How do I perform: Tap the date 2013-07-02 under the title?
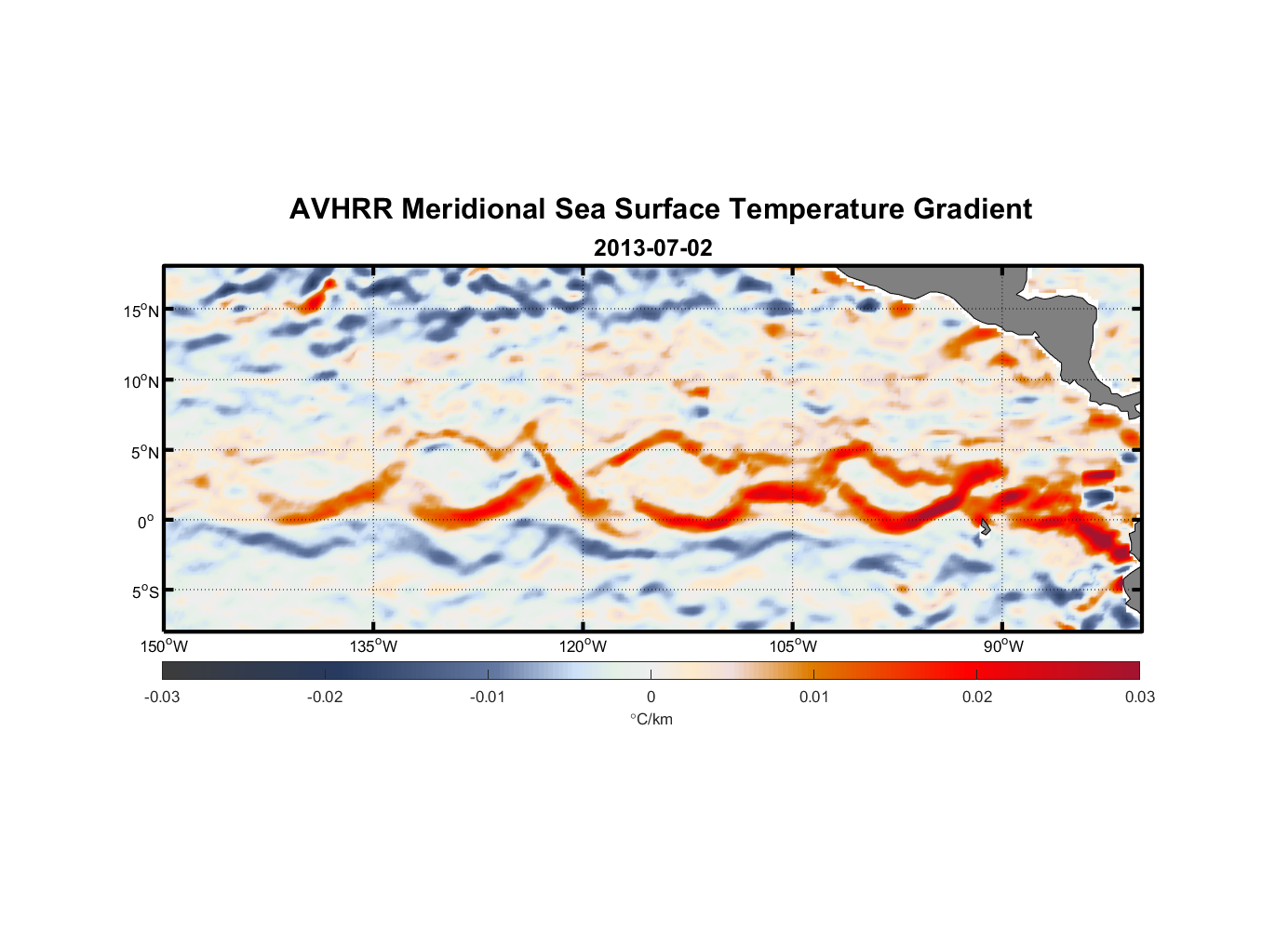coord(652,248)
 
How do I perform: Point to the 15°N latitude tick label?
coord(141,311)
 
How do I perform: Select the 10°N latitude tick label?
coord(141,381)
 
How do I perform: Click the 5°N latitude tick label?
coord(144,452)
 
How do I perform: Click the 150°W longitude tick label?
coord(165,646)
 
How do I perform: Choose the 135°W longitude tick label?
coord(374,646)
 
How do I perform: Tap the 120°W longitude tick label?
coord(584,646)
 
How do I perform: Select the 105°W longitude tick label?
coord(793,646)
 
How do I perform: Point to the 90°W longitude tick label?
coord(1003,646)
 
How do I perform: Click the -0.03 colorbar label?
coord(162,697)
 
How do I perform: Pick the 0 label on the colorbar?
coord(651,697)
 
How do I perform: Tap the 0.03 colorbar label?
coord(1139,697)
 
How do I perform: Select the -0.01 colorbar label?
coord(487,697)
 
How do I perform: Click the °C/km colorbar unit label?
coord(651,719)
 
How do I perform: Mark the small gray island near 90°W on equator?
coord(985,526)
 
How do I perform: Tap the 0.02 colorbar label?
coord(976,697)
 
